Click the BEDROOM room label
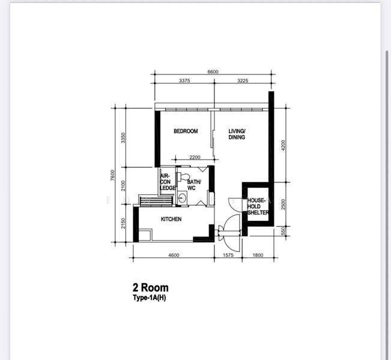(186, 131)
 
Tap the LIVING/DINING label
(237, 134)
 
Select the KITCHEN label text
(171, 219)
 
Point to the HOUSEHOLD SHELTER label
(258, 206)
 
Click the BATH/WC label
(194, 185)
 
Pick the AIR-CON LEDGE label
(168, 182)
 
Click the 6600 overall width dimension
(213, 72)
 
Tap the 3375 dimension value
(184, 80)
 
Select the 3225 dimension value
(243, 80)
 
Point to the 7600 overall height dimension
(113, 175)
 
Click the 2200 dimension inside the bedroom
(195, 157)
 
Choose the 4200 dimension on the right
(283, 145)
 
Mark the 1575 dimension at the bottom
(228, 255)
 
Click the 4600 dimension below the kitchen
(174, 255)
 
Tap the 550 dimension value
(283, 232)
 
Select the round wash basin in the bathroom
(182, 198)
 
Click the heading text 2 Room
(151, 288)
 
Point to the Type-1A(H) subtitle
(150, 298)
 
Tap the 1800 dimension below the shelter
(258, 255)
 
